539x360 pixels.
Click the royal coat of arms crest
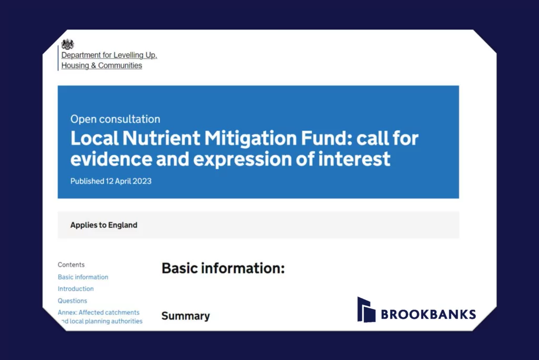click(67, 44)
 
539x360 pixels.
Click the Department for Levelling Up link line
click(109, 55)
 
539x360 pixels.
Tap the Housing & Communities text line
click(102, 65)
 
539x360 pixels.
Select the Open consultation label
click(115, 119)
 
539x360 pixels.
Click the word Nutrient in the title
click(161, 138)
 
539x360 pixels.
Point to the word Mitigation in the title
click(251, 139)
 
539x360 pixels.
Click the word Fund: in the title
click(326, 138)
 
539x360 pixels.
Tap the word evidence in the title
click(111, 159)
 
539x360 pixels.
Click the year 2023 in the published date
click(142, 181)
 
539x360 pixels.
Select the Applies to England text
click(104, 225)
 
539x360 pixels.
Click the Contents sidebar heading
click(71, 265)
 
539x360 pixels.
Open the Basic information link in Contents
click(83, 277)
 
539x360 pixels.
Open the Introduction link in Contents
click(76, 289)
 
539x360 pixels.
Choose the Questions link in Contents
click(72, 301)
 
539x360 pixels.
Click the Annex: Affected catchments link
click(98, 313)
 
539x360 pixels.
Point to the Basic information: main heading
click(223, 268)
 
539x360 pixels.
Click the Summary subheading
click(186, 316)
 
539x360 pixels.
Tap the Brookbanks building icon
click(366, 309)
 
